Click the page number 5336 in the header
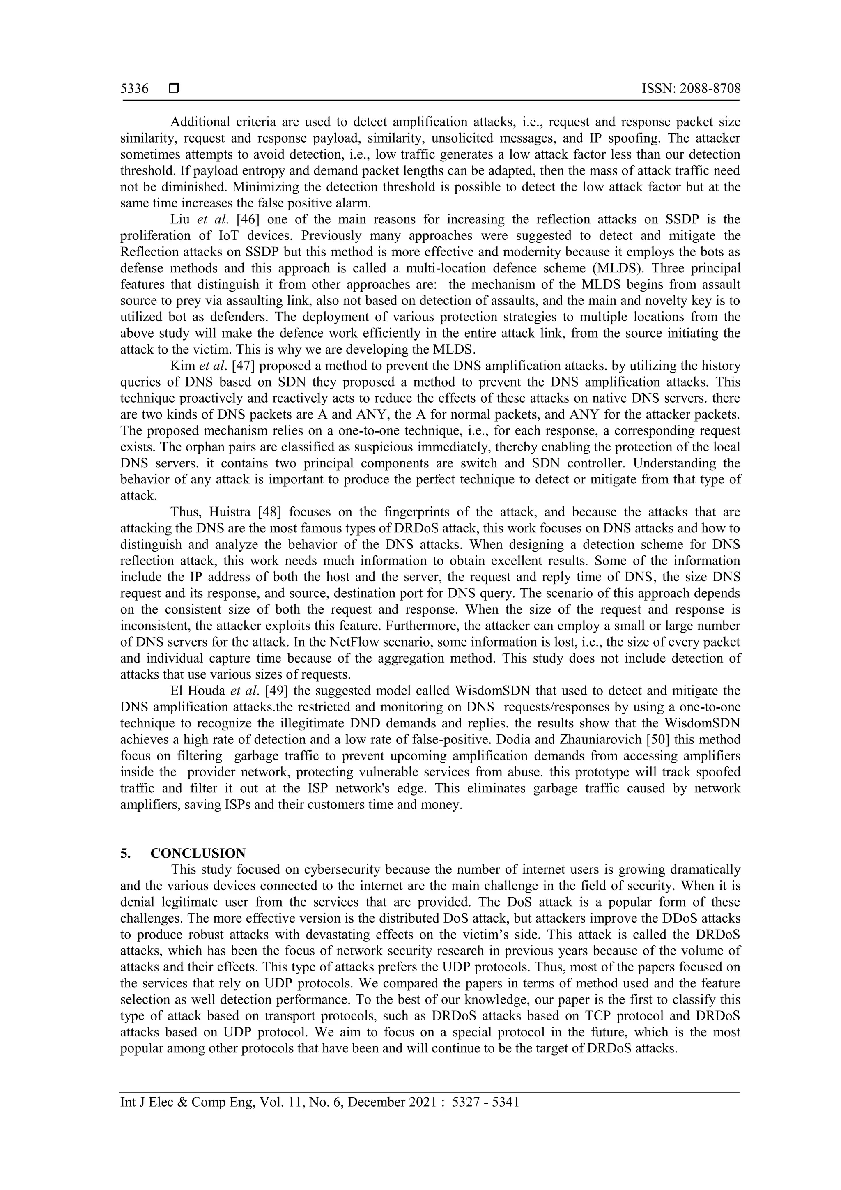click(134, 89)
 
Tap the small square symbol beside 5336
click(174, 89)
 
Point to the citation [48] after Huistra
click(269, 512)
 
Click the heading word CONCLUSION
click(198, 853)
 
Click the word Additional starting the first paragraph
click(200, 122)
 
